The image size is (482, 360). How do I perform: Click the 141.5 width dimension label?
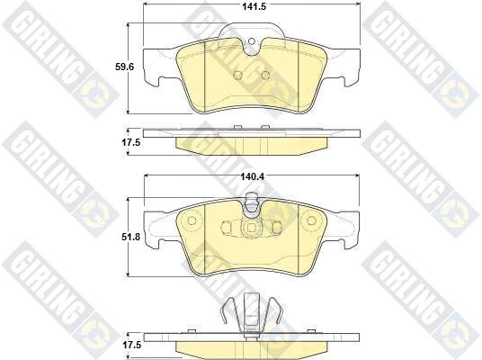(254, 6)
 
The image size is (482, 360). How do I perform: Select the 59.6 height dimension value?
(124, 67)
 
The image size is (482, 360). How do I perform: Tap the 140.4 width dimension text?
(252, 176)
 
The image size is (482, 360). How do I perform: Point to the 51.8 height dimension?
(130, 237)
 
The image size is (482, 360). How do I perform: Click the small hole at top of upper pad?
(252, 41)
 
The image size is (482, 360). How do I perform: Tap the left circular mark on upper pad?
(238, 75)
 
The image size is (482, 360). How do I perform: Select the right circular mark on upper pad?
(265, 75)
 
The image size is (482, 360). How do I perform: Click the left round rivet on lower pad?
(192, 220)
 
